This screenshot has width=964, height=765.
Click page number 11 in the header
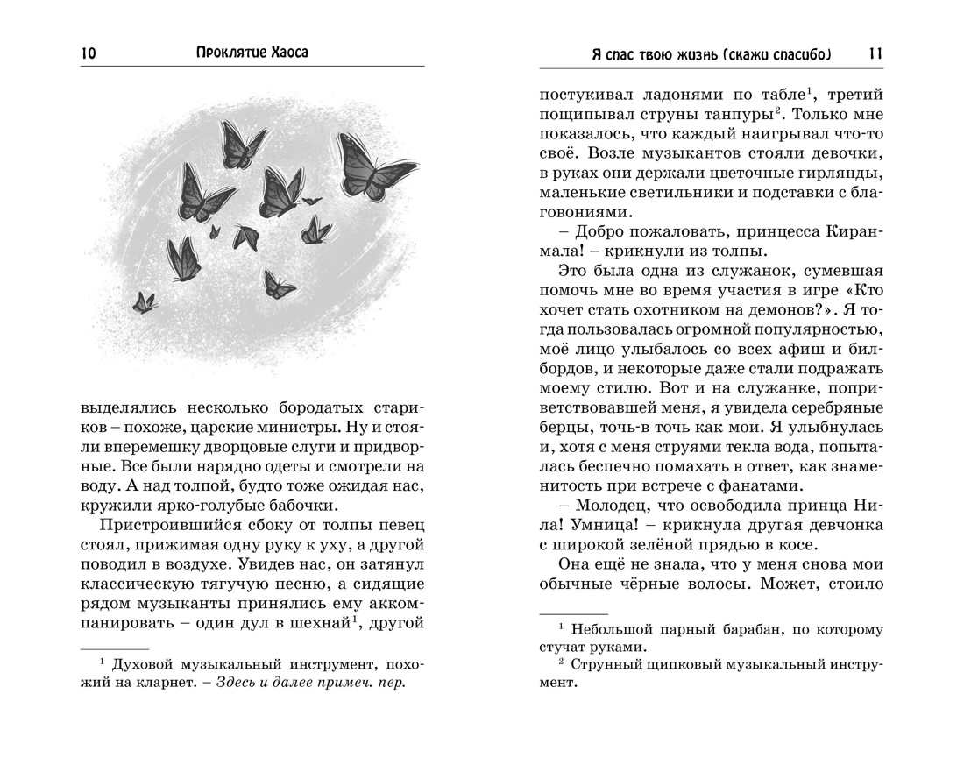tap(875, 53)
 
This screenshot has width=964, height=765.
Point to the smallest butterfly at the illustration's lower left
tap(144, 302)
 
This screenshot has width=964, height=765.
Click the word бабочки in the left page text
tap(299, 506)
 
